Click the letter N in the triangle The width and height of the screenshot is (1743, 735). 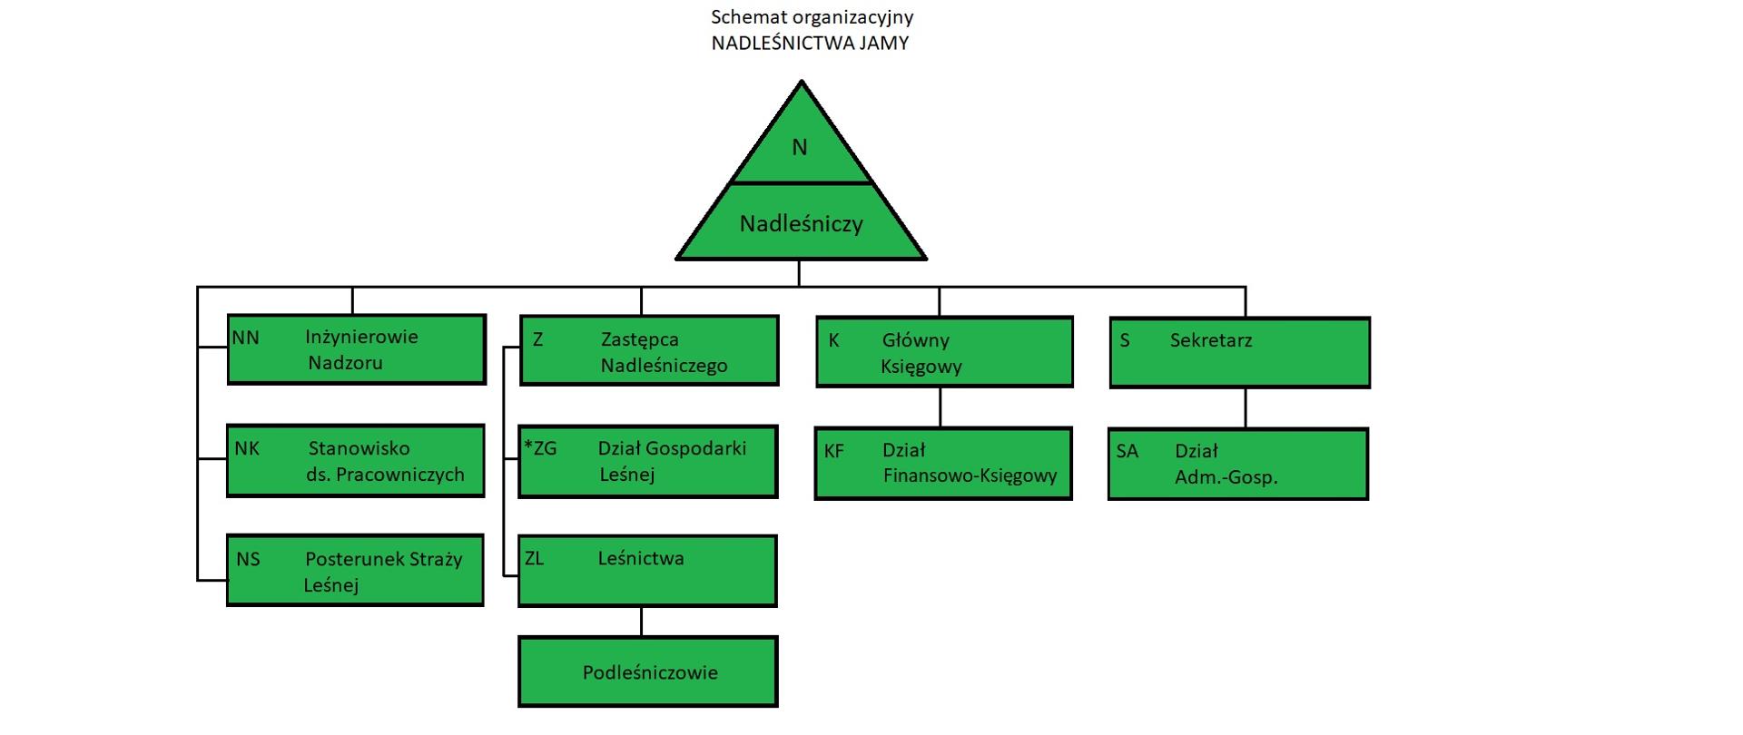pos(799,147)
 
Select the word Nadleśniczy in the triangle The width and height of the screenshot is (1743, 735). pos(801,223)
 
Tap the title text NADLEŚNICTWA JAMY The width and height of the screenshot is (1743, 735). pos(810,43)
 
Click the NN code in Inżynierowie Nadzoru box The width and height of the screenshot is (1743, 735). pos(246,338)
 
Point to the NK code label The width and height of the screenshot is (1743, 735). pos(247,448)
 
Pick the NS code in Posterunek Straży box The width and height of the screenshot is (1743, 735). pos(248,559)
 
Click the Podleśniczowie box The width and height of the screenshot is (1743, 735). pos(648,672)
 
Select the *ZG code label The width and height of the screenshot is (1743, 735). pos(540,448)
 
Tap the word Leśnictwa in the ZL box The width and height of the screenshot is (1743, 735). pos(641,558)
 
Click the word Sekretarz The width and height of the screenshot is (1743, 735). pos(1210,340)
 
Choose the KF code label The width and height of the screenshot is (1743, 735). pos(833,450)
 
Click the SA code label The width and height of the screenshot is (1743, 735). pos(1127,451)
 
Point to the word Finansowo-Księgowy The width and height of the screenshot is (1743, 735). pos(970,475)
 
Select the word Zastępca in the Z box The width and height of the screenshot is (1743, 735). pos(639,339)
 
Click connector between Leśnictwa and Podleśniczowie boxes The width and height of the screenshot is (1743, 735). pos(641,622)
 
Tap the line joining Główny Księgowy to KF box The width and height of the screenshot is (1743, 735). pos(940,407)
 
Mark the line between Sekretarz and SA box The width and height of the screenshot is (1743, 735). pos(1245,408)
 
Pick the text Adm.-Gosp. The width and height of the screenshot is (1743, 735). pos(1226,476)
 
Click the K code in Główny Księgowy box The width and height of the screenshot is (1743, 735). pos(833,340)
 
